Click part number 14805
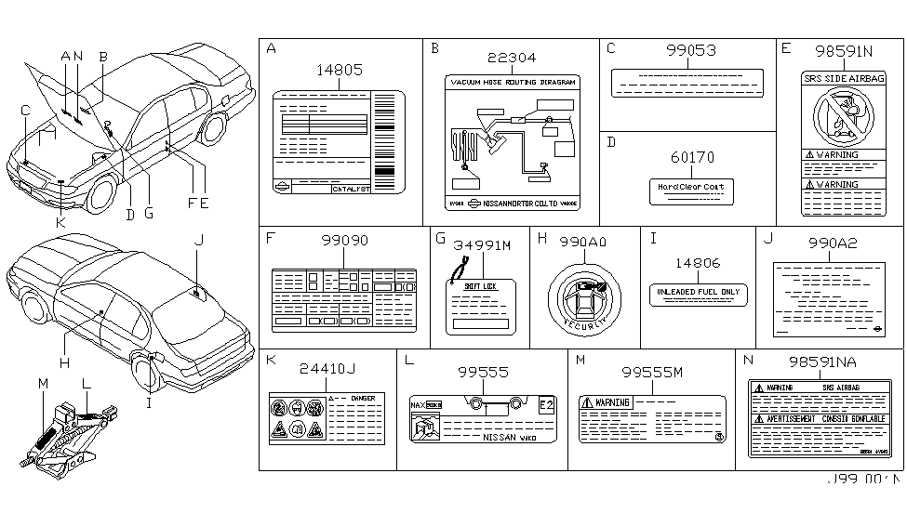pyautogui.click(x=340, y=69)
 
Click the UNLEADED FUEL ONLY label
pyautogui.click(x=698, y=294)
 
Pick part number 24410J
pyautogui.click(x=324, y=370)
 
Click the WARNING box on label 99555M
pyautogui.click(x=605, y=402)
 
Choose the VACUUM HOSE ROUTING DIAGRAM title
pyautogui.click(x=513, y=83)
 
